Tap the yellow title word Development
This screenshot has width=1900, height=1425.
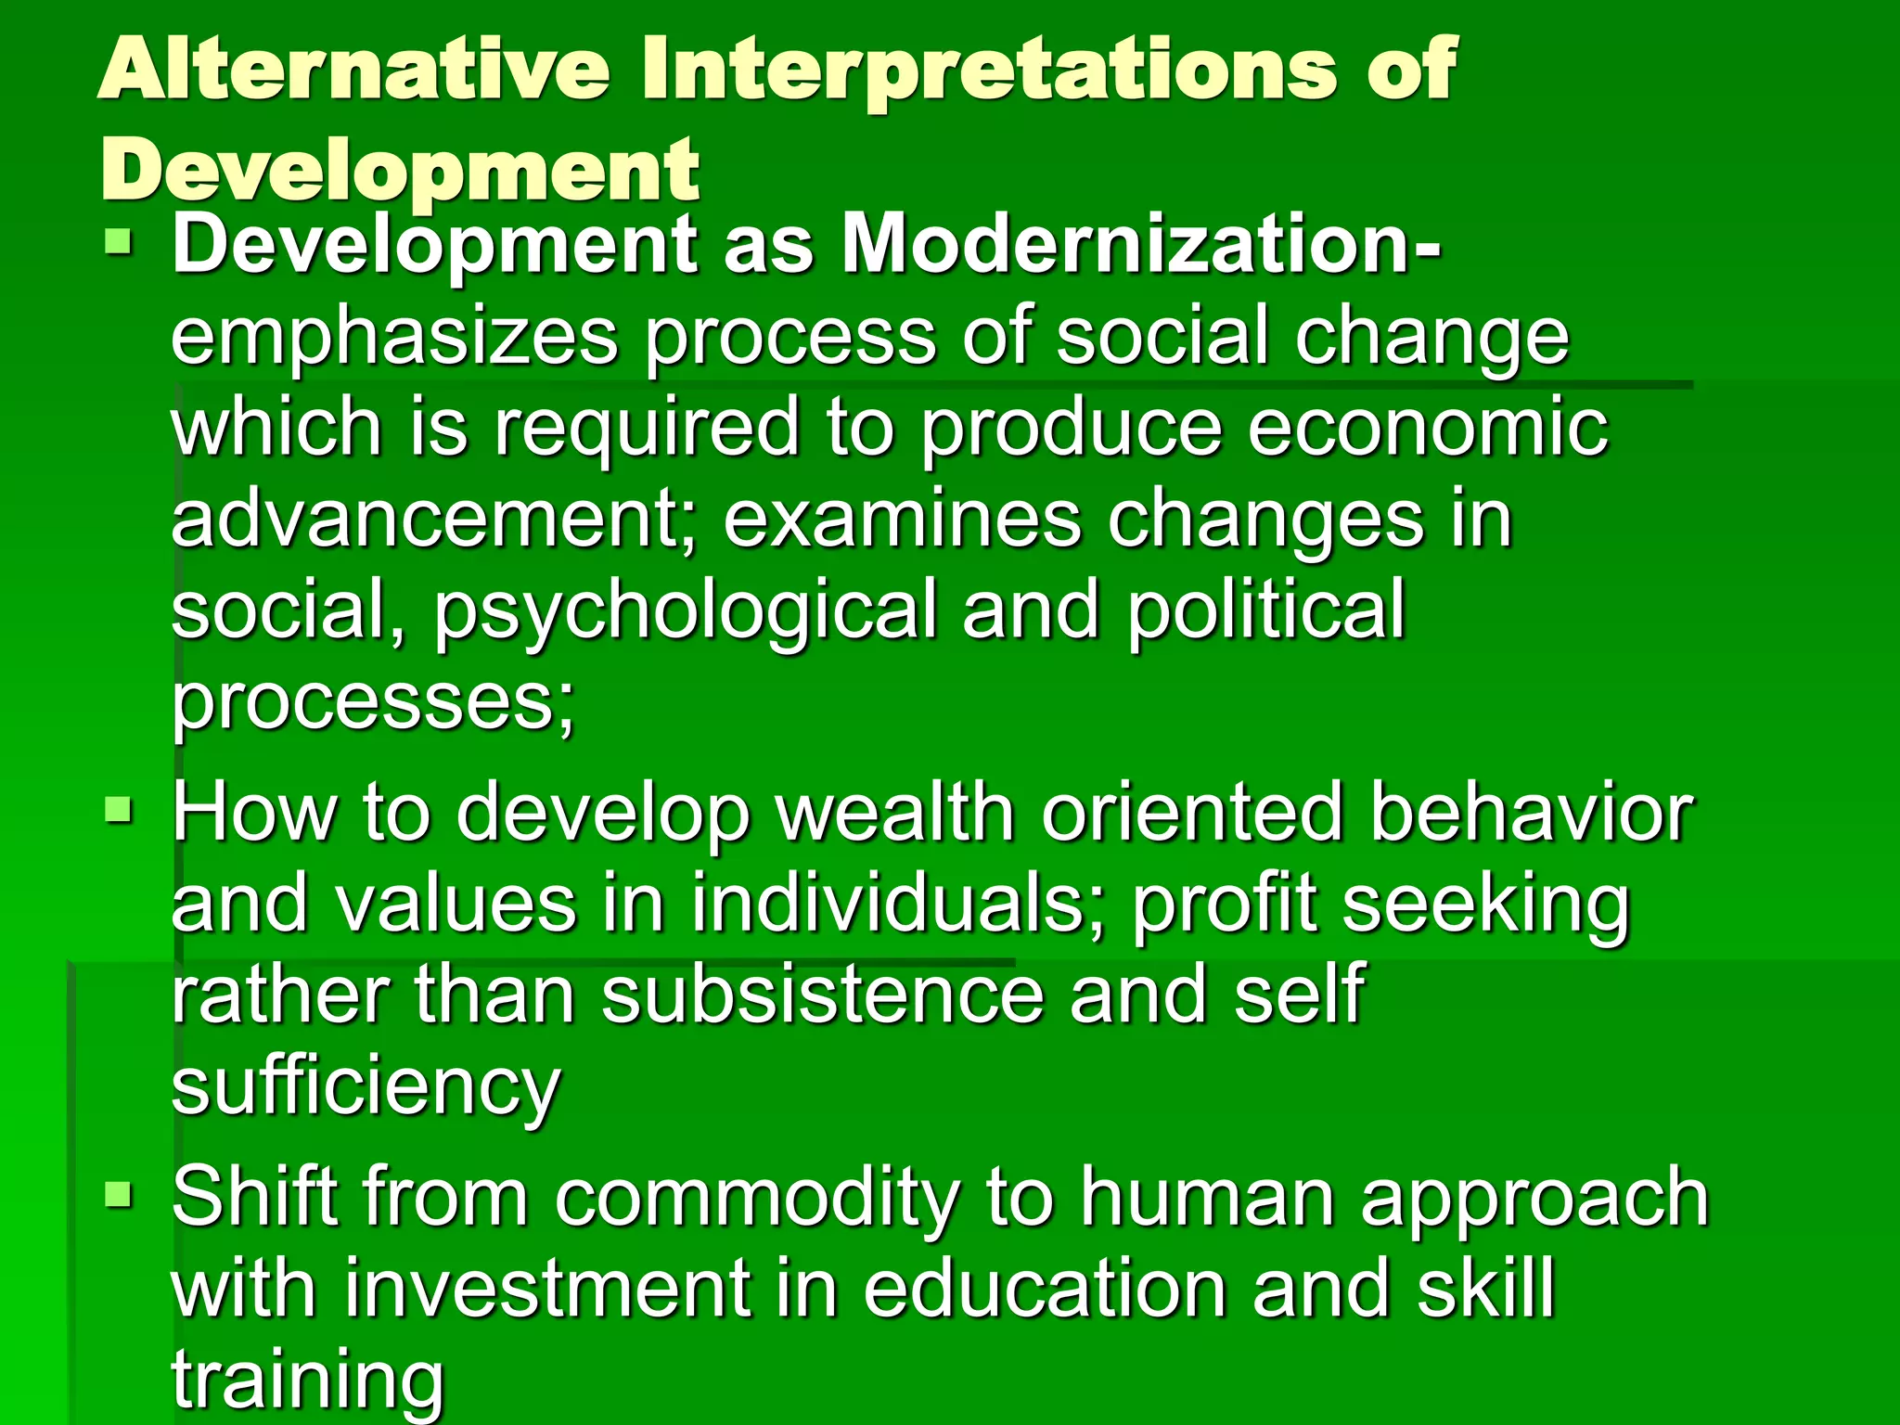(400, 170)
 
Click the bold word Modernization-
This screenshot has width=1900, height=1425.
(1141, 245)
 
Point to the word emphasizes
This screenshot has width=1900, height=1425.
(394, 340)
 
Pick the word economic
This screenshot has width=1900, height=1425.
(1428, 429)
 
